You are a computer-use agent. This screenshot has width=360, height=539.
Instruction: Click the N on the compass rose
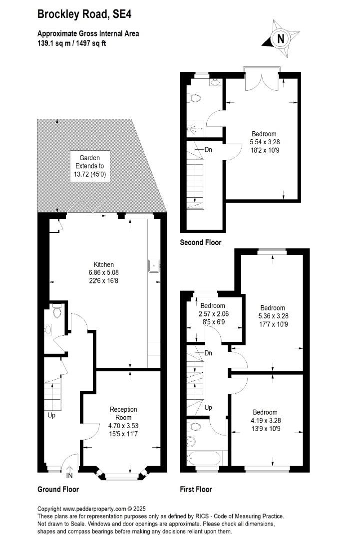(x=281, y=38)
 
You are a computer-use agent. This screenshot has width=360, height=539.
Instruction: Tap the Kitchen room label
(x=103, y=265)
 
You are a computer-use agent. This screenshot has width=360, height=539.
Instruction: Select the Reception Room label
(x=123, y=413)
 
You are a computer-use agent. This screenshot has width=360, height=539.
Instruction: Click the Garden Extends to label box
(x=90, y=166)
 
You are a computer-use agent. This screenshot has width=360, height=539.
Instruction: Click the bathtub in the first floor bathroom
(x=204, y=458)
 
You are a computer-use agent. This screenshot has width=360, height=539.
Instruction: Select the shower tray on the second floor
(x=195, y=128)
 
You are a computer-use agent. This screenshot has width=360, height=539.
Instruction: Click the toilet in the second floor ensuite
(x=195, y=98)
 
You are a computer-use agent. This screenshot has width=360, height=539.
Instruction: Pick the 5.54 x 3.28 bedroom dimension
(x=265, y=142)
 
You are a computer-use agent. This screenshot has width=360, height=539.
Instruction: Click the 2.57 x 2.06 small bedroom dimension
(x=214, y=314)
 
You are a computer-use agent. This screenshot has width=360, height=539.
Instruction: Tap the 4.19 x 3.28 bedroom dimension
(x=266, y=420)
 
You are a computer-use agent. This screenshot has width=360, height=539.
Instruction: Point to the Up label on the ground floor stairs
(x=51, y=415)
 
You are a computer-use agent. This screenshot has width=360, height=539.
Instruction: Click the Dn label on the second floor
(x=208, y=150)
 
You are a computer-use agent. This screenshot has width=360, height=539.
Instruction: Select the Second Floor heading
(x=201, y=243)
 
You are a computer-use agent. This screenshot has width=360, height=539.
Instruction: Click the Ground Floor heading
(x=58, y=489)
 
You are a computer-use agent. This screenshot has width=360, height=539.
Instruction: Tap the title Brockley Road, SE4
(x=84, y=14)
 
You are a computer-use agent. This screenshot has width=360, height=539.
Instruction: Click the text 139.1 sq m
(x=52, y=43)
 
